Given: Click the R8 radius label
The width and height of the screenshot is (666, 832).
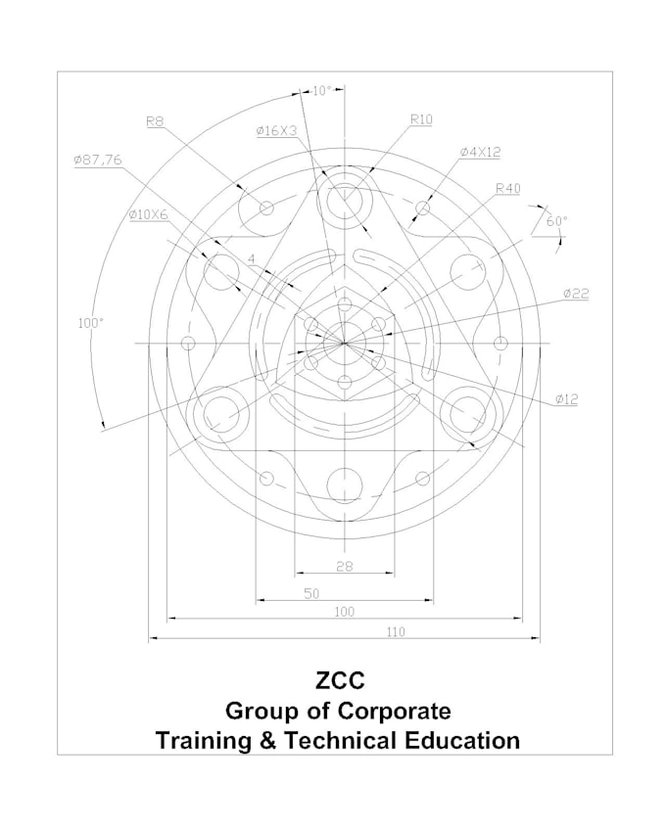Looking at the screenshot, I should (x=155, y=121).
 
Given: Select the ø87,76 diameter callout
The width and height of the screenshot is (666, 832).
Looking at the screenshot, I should (x=97, y=161).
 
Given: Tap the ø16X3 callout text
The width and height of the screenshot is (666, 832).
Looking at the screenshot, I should (x=276, y=130).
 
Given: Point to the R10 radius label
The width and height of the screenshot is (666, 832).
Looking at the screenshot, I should (x=421, y=119).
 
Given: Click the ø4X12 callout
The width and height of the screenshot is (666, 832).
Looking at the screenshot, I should (x=480, y=152).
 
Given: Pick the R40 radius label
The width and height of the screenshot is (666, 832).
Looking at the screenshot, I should (x=507, y=188).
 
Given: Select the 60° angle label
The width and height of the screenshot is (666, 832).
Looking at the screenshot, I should (x=556, y=221).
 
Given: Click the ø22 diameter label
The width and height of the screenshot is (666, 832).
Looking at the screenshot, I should (x=576, y=293).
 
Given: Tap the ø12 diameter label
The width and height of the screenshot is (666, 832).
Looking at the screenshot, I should (x=566, y=398).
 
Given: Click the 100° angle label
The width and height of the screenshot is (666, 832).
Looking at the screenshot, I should (x=91, y=321).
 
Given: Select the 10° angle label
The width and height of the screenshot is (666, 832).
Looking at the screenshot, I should (x=322, y=91).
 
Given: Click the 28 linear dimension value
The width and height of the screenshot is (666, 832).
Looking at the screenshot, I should (x=344, y=567).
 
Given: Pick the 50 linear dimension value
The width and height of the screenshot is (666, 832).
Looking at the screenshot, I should (x=311, y=592).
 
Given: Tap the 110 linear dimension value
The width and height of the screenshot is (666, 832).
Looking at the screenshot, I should (x=395, y=632).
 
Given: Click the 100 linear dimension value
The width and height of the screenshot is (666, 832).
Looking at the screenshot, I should (x=344, y=612).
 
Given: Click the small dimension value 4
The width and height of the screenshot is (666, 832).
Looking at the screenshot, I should (x=252, y=259).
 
